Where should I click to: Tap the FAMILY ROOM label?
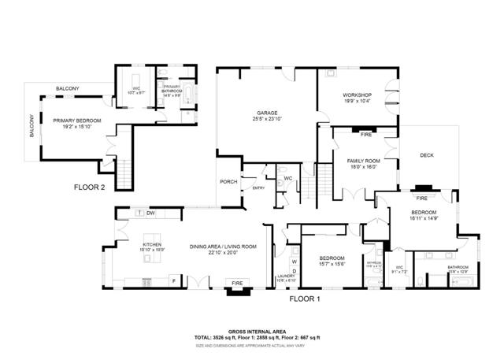(x=364, y=161)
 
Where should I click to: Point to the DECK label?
(x=427, y=155)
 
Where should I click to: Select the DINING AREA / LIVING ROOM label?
(x=223, y=247)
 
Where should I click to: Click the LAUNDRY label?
(x=286, y=276)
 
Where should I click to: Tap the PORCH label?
(x=228, y=182)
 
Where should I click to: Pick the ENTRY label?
(x=258, y=187)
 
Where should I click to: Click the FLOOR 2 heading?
(x=89, y=187)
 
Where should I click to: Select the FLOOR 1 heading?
(x=307, y=300)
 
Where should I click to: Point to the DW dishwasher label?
(x=150, y=213)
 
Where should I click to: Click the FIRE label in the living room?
(x=236, y=283)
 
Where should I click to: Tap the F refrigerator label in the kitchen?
(x=173, y=280)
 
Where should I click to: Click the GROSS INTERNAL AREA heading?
(x=257, y=331)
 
